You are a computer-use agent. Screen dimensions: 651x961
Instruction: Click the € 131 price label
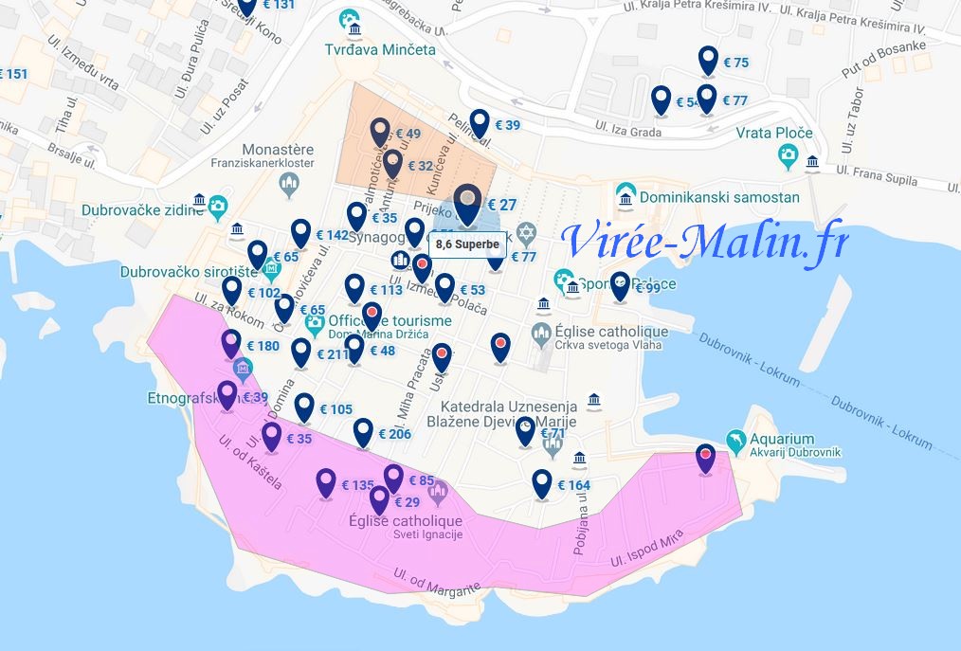pyautogui.click(x=278, y=5)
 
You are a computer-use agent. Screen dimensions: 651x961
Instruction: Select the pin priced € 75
pyautogui.click(x=708, y=60)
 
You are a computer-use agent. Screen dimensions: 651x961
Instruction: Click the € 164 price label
pyautogui.click(x=573, y=486)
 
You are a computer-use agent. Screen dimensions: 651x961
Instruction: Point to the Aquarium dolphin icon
pyautogui.click(x=734, y=441)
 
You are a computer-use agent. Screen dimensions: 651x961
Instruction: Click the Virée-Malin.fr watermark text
pyautogui.click(x=703, y=241)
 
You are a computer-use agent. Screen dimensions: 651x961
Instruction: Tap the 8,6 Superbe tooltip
pyautogui.click(x=467, y=244)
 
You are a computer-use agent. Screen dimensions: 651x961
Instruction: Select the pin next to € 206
pyautogui.click(x=363, y=431)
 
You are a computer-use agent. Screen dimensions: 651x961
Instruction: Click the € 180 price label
pyautogui.click(x=263, y=346)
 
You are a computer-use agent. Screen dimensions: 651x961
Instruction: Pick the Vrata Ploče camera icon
pyautogui.click(x=786, y=156)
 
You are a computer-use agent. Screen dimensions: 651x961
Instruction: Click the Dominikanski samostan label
pyautogui.click(x=719, y=198)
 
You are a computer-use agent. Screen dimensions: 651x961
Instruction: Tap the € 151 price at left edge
pyautogui.click(x=14, y=74)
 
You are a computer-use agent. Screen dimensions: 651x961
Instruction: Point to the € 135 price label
pyautogui.click(x=357, y=485)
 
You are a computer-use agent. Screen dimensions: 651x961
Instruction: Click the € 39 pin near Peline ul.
pyautogui.click(x=480, y=122)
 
